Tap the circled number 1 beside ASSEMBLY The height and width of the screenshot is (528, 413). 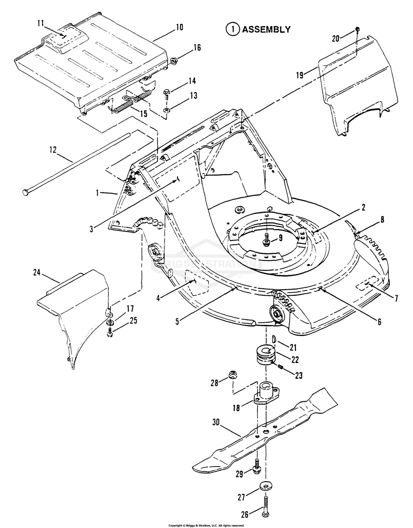tap(231, 30)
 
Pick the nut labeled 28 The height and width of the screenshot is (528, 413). tap(230, 376)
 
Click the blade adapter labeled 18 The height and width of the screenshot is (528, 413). tap(266, 394)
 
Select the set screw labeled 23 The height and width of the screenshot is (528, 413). tap(280, 366)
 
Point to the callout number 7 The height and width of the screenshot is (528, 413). tap(396, 299)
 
